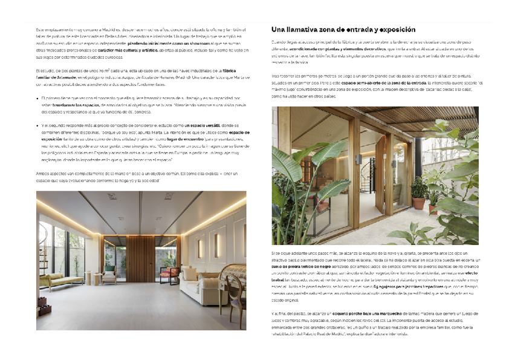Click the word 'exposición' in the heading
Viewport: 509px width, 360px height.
pos(395,29)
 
